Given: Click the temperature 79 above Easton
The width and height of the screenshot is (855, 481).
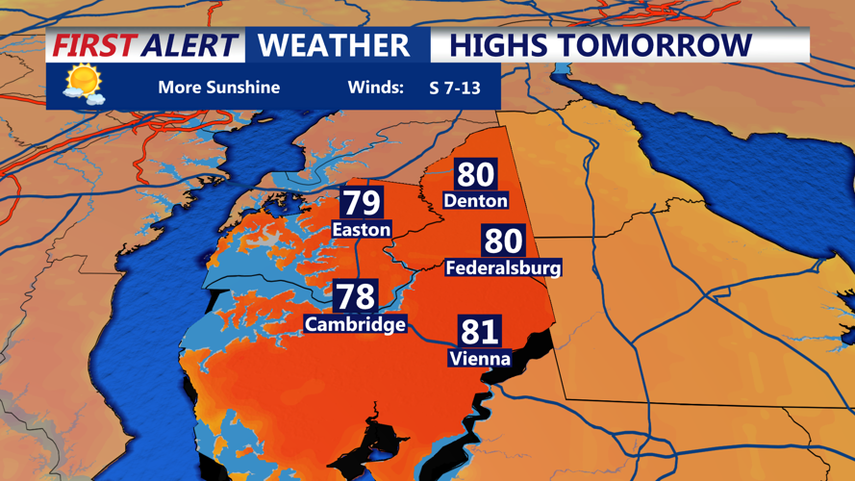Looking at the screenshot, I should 363,203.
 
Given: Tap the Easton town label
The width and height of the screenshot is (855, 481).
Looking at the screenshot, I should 362,230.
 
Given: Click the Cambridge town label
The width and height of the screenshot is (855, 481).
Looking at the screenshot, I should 355,324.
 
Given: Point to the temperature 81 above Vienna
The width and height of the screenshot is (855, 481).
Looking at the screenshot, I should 479,332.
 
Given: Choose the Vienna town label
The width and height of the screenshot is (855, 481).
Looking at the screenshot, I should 479,359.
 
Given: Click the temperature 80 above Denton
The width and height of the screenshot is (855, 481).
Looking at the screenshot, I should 476,175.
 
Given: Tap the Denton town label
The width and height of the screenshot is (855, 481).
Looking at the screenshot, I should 476,201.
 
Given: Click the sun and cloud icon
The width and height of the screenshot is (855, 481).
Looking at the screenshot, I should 83,85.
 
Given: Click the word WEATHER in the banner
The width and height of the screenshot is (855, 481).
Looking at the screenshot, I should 334,45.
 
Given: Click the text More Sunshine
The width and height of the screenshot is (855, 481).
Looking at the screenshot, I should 218,88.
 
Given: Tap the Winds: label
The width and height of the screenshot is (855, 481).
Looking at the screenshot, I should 375,88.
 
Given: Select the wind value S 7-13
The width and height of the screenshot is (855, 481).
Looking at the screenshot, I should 455,88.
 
